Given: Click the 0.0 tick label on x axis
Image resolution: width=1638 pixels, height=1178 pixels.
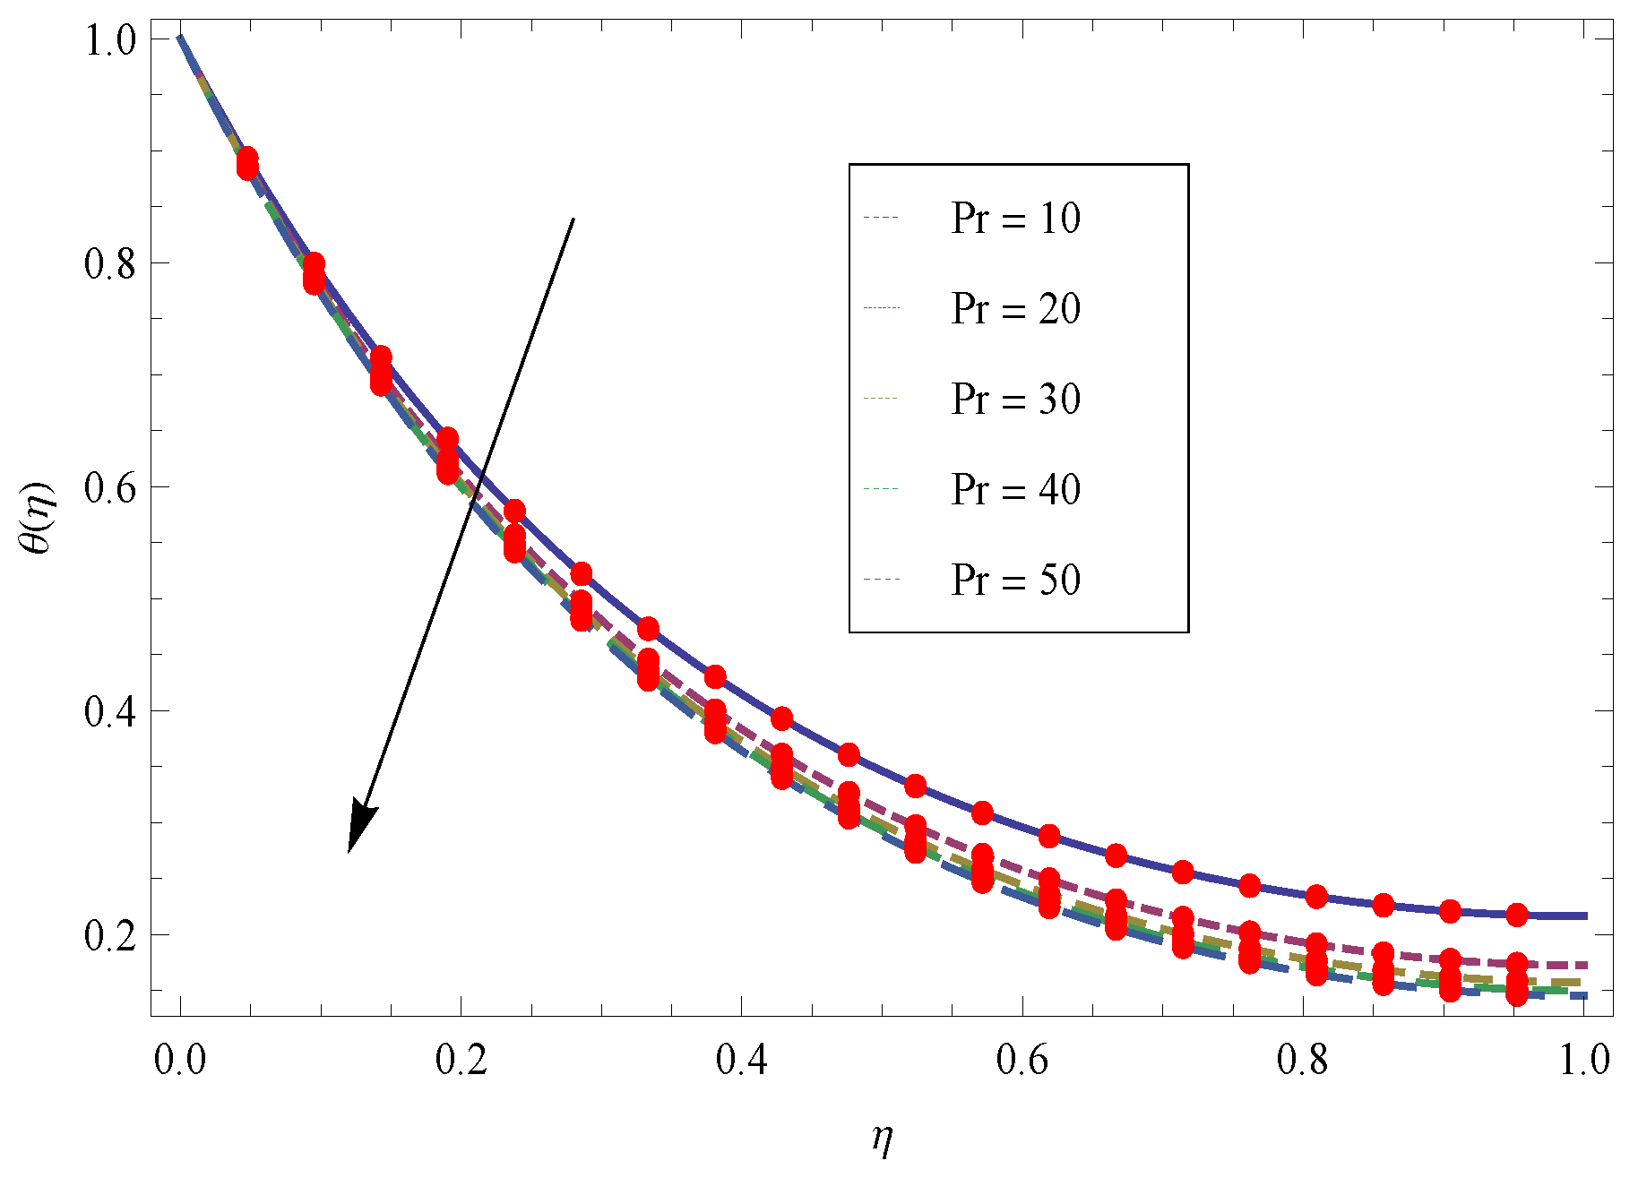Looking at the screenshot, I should (180, 1060).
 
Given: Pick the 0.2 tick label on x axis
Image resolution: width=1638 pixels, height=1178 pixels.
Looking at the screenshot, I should (461, 1060).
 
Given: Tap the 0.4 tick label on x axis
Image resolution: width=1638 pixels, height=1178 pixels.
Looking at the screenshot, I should (741, 1060).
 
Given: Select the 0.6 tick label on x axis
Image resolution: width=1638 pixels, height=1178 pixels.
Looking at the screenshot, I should (1022, 1060).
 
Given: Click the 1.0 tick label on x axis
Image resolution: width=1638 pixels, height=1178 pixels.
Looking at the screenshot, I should (1583, 1060).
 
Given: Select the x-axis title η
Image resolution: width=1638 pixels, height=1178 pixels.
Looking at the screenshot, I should (883, 1139).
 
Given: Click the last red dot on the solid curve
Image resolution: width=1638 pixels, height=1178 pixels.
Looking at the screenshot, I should (1516, 915).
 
